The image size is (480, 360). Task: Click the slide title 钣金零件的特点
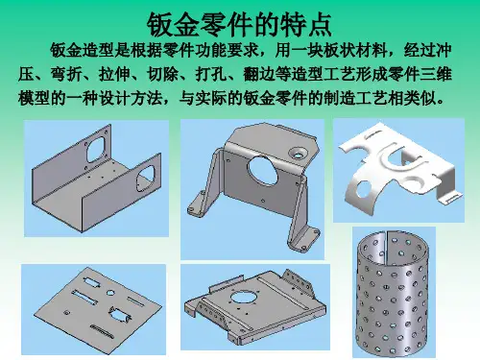tap(239, 25)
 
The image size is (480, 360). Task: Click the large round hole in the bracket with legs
tap(263, 170)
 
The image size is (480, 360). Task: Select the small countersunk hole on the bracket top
tap(298, 154)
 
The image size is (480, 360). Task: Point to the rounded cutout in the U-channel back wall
tap(95, 149)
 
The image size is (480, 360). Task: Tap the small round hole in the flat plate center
tap(110, 293)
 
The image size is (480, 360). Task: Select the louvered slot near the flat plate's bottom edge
tap(102, 330)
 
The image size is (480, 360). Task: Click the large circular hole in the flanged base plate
tap(242, 297)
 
